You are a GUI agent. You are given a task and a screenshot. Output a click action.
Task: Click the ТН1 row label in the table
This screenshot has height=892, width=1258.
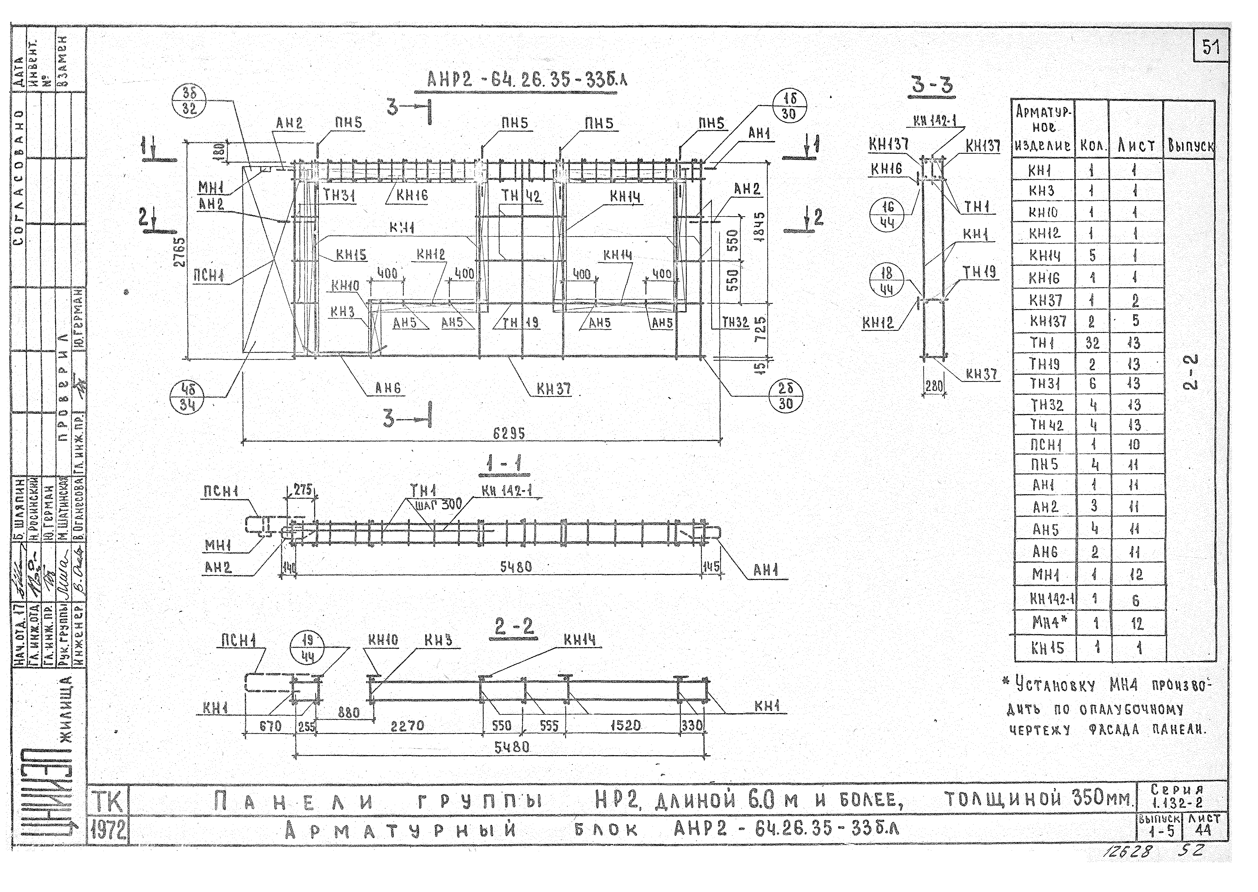click(1042, 343)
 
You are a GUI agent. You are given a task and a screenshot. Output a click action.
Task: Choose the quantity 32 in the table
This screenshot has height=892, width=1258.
click(1092, 343)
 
